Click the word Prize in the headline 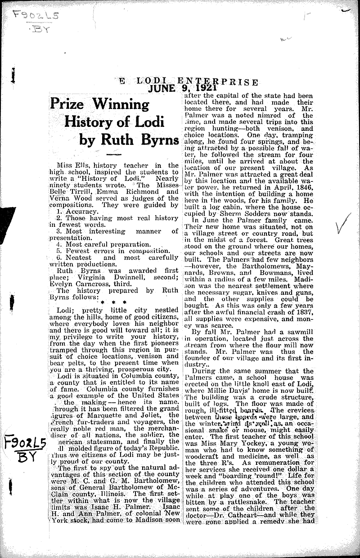coord(67,104)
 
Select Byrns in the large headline coord(153,139)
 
